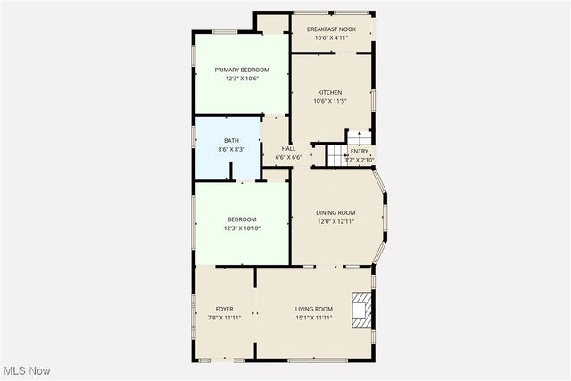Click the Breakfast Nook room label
(331, 29)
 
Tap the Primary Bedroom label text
(242, 70)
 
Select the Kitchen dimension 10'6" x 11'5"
(331, 101)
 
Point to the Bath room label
(231, 140)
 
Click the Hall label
(288, 148)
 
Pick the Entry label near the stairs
(359, 151)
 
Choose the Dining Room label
(335, 212)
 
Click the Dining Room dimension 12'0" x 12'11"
(335, 221)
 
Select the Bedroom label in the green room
(242, 219)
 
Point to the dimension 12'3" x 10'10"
(242, 228)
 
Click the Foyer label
(224, 309)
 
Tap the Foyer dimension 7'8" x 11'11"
(224, 318)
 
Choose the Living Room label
(314, 309)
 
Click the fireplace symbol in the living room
(361, 309)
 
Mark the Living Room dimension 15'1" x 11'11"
(314, 318)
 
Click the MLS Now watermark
(26, 370)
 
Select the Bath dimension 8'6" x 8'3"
(231, 149)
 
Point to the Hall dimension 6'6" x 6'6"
(288, 157)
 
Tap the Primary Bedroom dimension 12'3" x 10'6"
(242, 79)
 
